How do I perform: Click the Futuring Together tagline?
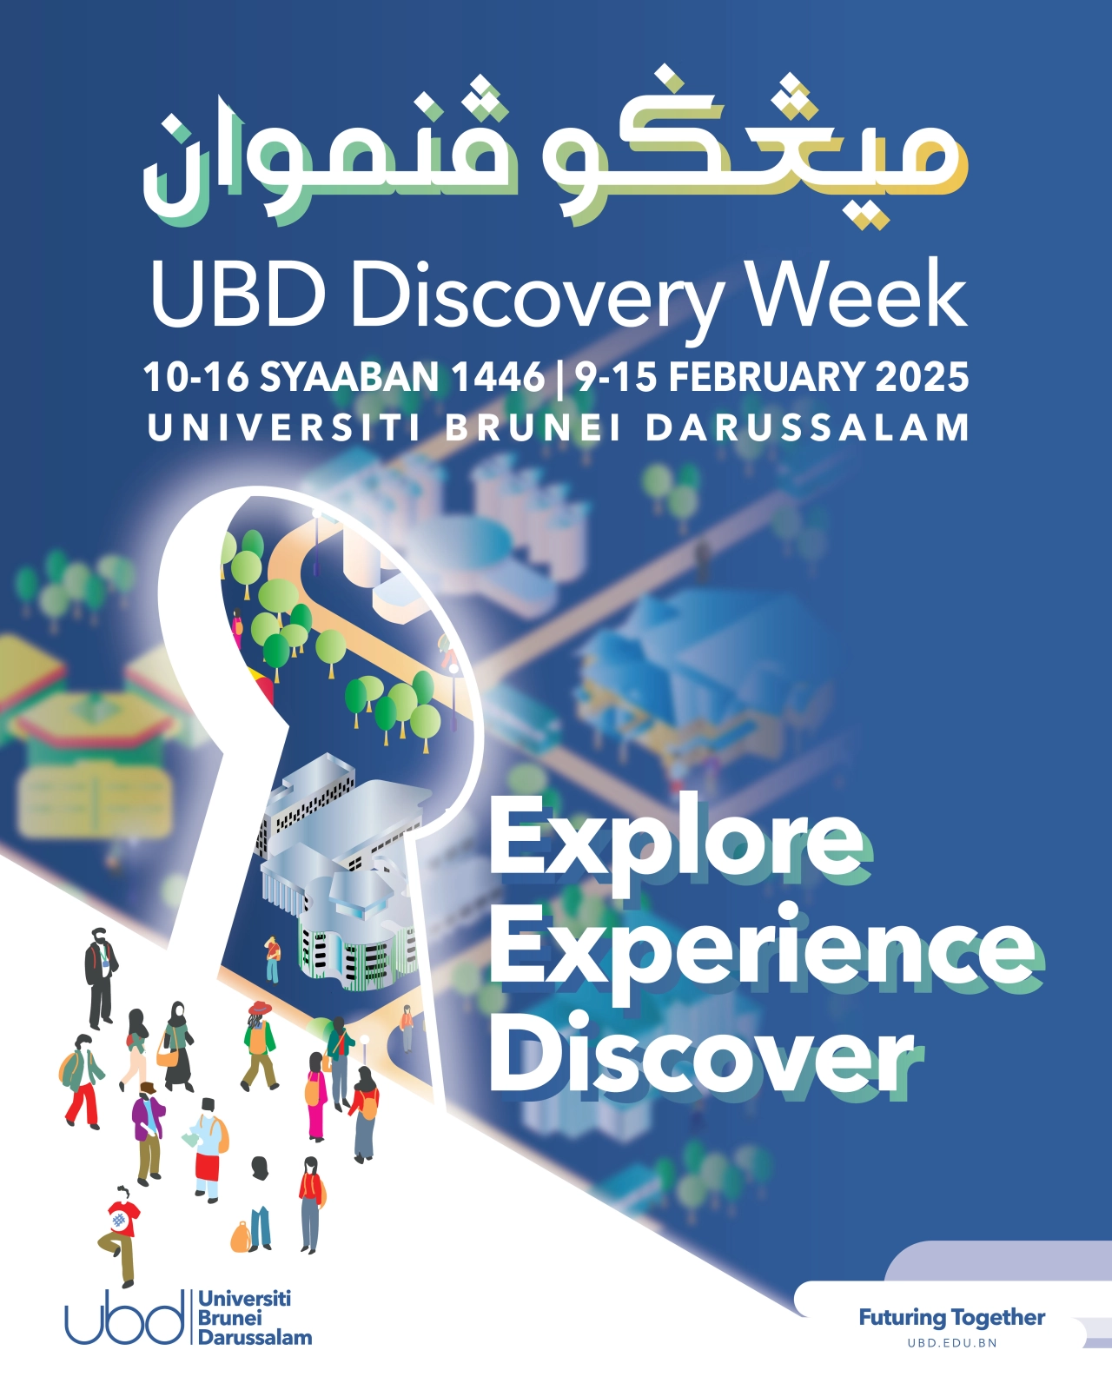(x=952, y=1318)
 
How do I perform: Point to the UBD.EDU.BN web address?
(x=952, y=1343)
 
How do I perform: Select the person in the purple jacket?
(x=149, y=1133)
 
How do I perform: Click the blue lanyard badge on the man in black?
(x=104, y=964)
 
